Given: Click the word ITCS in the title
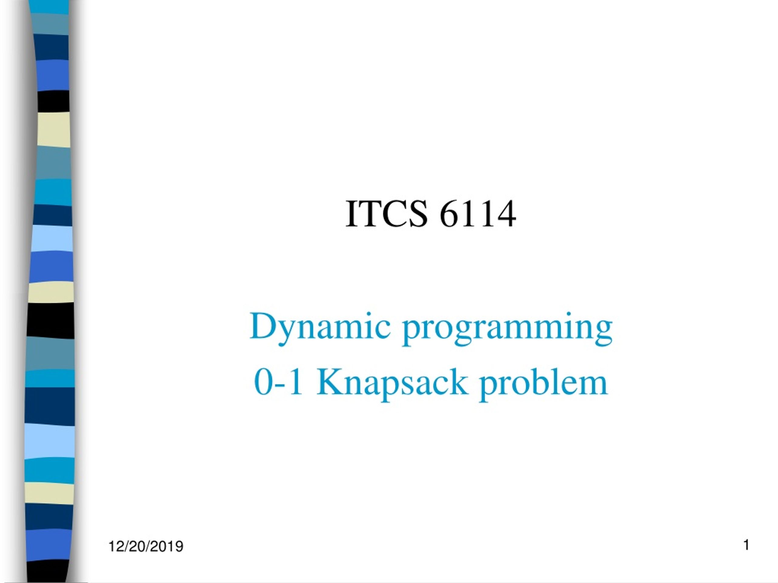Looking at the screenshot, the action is tap(387, 214).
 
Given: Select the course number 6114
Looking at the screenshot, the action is tap(478, 214).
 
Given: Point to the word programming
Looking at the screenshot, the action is tap(508, 329).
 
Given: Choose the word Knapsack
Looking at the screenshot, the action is tap(392, 384).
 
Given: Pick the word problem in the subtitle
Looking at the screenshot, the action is tap(543, 384).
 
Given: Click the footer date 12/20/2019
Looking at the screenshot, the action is tap(146, 547).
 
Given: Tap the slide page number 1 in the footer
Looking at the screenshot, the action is tap(746, 545).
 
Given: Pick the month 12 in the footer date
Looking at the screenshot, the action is tap(116, 547).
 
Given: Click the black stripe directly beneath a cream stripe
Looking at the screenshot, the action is tap(50, 320).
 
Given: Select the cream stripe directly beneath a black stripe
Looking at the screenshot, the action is tap(53, 129).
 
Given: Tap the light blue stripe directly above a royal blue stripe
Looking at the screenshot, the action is tap(52, 238).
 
